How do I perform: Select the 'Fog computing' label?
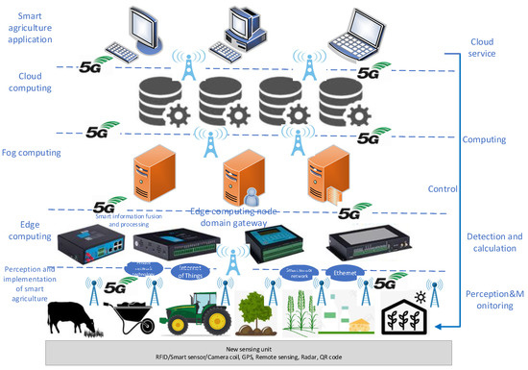(x=34, y=153)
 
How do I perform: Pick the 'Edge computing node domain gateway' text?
(x=248, y=218)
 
